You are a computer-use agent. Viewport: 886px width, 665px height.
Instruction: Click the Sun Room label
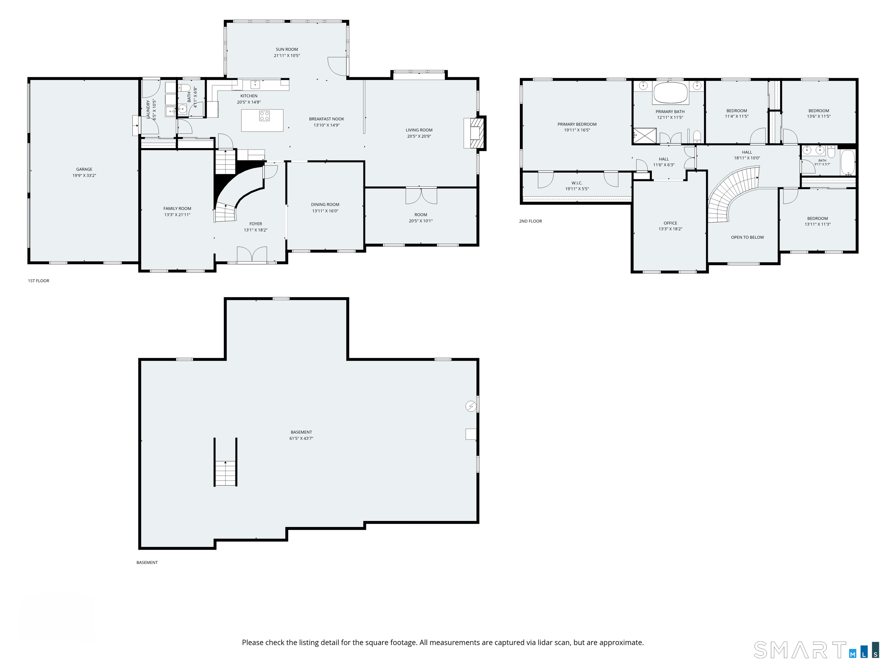pyautogui.click(x=287, y=49)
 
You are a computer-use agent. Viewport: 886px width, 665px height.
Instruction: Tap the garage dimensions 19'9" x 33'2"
pyautogui.click(x=84, y=175)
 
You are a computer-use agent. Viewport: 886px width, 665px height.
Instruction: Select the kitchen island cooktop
pyautogui.click(x=264, y=116)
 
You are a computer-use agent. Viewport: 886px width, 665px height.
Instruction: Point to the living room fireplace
pyautogui.click(x=475, y=133)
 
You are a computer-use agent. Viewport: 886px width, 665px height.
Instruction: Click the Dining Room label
pyautogui.click(x=325, y=204)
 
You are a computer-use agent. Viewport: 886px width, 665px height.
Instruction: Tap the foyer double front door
pyautogui.click(x=252, y=255)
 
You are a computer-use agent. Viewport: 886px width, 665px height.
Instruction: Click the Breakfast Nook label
pyautogui.click(x=326, y=119)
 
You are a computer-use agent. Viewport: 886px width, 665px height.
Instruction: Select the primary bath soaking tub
pyautogui.click(x=671, y=93)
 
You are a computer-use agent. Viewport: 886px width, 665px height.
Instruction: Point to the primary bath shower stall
pyautogui.click(x=645, y=135)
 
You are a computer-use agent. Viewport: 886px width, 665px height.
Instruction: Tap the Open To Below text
pyautogui.click(x=747, y=237)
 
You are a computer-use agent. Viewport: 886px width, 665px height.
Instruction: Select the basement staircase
pyautogui.click(x=226, y=473)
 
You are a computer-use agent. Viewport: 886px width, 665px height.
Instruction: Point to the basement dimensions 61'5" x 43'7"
pyautogui.click(x=301, y=438)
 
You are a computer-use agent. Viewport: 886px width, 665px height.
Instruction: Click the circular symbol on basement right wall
pyautogui.click(x=471, y=406)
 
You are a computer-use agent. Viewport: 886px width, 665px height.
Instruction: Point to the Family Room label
pyautogui.click(x=177, y=208)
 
